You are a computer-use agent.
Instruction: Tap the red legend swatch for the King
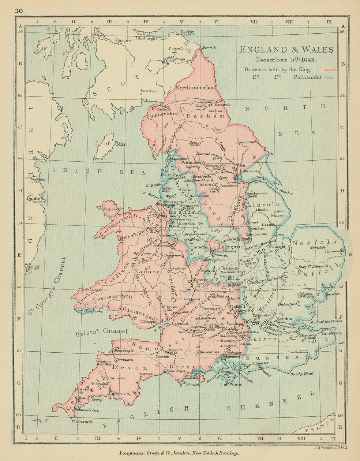[331, 70]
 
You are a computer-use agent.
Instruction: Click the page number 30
[19, 11]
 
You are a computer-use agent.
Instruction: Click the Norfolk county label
[315, 242]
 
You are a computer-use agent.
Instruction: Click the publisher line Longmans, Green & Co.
[179, 453]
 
